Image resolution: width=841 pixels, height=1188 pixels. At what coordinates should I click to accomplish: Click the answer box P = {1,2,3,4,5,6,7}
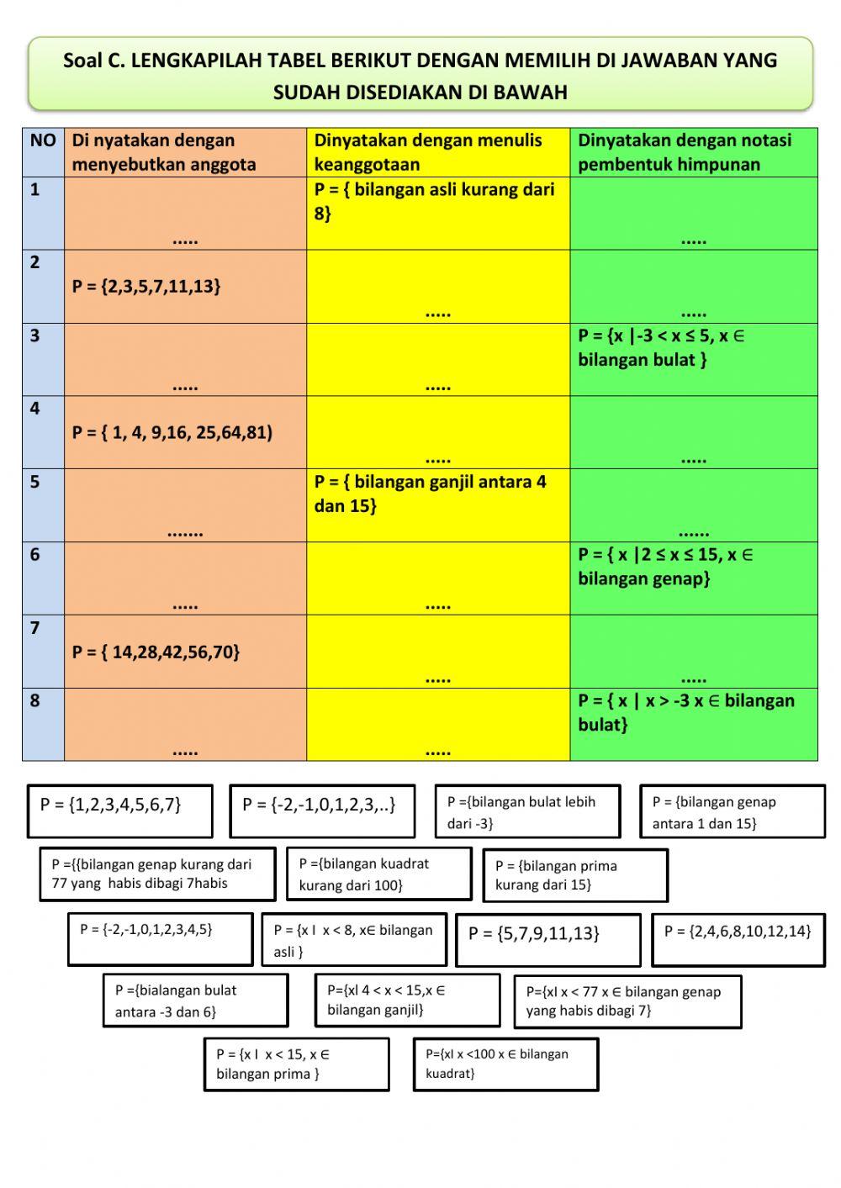[119, 810]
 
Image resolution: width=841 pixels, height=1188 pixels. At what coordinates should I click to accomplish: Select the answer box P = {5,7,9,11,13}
[547, 939]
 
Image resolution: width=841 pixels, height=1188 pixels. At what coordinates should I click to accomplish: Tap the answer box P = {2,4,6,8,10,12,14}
[738, 939]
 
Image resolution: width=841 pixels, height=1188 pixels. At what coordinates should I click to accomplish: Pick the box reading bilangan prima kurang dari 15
[575, 875]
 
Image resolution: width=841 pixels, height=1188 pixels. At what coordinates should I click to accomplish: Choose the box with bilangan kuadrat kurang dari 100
[378, 874]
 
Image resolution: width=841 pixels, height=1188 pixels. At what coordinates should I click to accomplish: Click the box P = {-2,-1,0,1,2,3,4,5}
[160, 939]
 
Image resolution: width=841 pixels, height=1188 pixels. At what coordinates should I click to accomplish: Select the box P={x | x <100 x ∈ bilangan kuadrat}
[505, 1064]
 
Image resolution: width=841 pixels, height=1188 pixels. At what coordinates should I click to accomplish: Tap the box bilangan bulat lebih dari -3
[527, 811]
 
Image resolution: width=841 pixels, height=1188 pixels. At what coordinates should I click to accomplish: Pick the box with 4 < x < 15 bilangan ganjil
[407, 1001]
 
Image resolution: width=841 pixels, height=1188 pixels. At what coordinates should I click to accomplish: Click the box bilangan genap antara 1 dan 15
[732, 811]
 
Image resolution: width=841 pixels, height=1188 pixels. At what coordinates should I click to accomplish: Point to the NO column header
[43, 141]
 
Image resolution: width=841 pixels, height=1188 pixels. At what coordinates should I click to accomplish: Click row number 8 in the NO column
[35, 701]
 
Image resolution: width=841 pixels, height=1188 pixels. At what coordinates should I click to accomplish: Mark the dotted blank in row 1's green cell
[693, 240]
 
